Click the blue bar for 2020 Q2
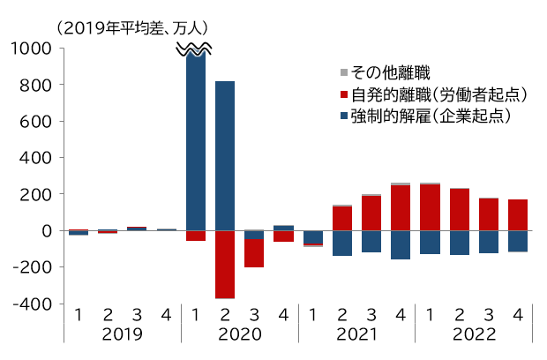coord(225,155)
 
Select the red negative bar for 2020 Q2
coord(225,264)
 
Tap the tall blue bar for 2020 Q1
coord(196,141)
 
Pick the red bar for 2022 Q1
coord(431,207)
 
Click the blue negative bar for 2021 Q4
coord(401,244)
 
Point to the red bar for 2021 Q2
coord(342,218)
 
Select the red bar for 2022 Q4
coord(518,214)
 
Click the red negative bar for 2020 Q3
coord(254,253)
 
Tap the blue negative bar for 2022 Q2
coord(460,243)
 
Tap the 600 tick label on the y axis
coord(41,122)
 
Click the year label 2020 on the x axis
coord(239,335)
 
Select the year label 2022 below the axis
coord(474,335)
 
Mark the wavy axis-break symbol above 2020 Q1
coord(196,50)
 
